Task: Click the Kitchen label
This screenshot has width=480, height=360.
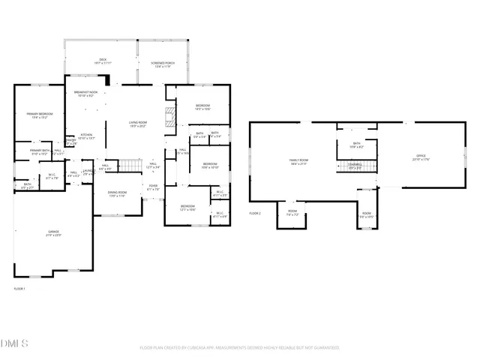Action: point(87,136)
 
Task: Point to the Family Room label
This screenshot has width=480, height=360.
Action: point(299,160)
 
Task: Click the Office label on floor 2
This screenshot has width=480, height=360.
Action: point(420,157)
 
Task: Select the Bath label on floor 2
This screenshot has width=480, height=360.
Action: point(356,144)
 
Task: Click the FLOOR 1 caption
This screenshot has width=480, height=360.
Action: point(19,288)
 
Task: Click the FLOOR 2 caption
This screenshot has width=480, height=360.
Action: point(255,213)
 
